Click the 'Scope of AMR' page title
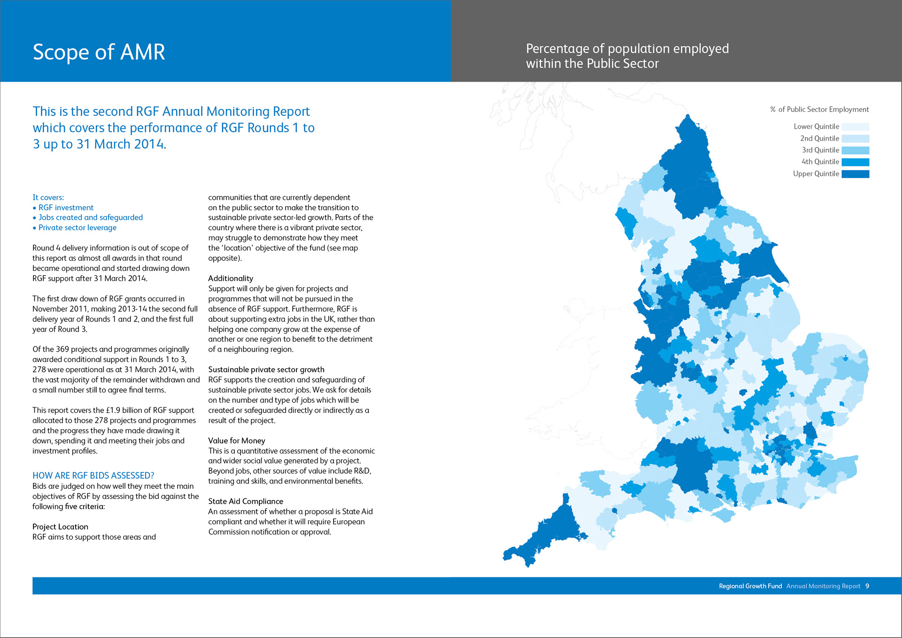point(99,52)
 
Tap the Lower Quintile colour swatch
point(855,127)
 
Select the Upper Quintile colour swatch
point(855,174)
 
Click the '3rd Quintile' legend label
point(820,150)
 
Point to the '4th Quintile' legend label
point(820,162)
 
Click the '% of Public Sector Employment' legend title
point(819,109)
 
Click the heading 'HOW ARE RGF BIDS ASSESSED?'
point(93,476)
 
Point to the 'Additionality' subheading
point(231,278)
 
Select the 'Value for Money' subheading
point(237,441)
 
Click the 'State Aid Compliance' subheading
point(246,501)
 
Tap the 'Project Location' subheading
point(60,527)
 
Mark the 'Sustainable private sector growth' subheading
point(266,369)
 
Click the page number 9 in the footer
point(867,586)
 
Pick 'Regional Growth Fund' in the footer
point(750,586)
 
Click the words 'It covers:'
point(48,198)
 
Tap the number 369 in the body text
point(62,349)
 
